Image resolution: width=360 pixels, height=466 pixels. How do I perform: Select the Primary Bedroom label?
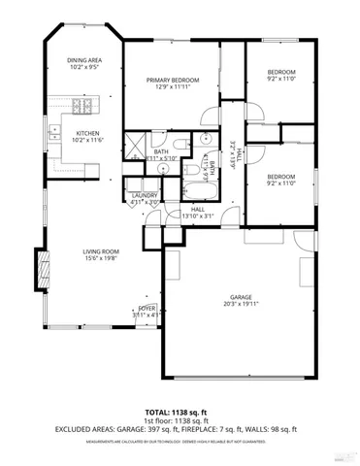173,80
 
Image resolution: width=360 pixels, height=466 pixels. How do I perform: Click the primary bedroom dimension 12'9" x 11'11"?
173,87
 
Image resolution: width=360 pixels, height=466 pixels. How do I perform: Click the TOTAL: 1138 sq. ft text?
179,411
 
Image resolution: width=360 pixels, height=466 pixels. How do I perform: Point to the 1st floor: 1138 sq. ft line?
179,419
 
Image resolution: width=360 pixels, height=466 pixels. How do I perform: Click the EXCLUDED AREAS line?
179,428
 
